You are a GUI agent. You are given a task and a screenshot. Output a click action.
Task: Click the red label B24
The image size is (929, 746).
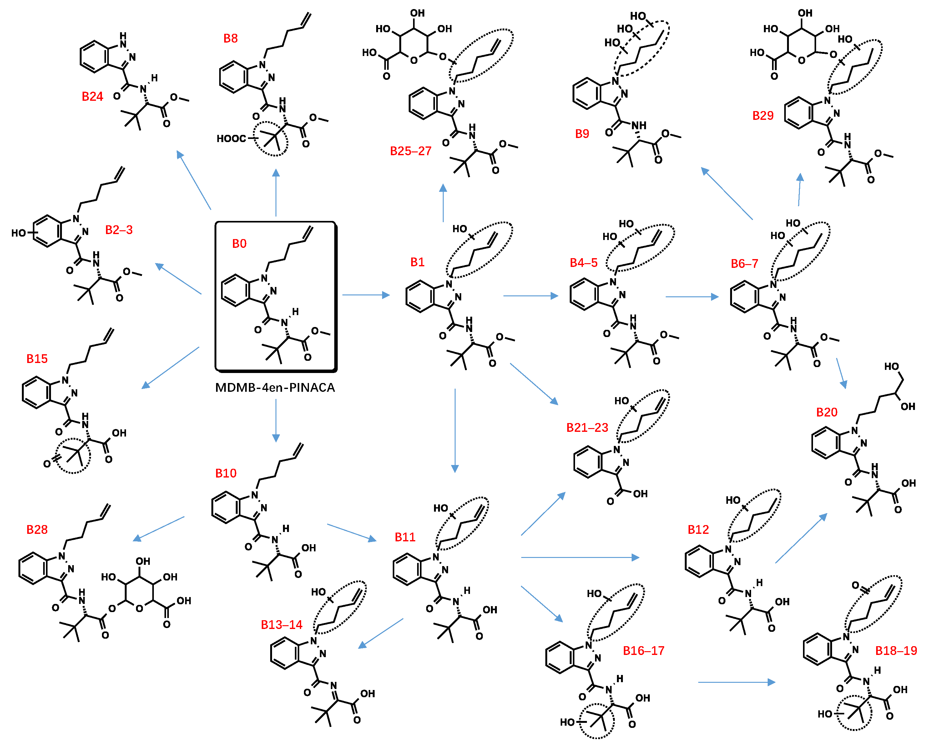[x=92, y=97]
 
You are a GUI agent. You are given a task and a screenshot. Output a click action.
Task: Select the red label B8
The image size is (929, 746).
[x=230, y=39]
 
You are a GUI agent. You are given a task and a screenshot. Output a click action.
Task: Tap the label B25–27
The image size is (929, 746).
[x=410, y=151]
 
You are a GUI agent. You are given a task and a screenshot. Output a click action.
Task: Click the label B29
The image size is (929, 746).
[x=763, y=115]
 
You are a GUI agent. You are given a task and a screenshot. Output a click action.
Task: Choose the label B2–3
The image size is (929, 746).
[x=119, y=230]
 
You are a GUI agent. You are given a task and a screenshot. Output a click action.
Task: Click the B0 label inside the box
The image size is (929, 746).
[x=239, y=244]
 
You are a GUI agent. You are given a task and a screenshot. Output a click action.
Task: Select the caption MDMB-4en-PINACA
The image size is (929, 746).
[x=275, y=388]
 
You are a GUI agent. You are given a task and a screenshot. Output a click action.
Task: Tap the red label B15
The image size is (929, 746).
[x=37, y=359]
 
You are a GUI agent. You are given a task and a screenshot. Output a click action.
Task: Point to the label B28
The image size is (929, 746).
[x=37, y=529]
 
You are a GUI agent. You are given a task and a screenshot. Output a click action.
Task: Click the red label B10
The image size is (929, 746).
[x=226, y=473]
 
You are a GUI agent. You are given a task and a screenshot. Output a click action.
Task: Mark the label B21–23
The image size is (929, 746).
[x=587, y=428]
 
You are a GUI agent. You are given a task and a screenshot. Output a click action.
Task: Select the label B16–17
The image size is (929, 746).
[x=643, y=651]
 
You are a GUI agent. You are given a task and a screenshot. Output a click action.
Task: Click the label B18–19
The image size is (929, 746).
[x=896, y=651]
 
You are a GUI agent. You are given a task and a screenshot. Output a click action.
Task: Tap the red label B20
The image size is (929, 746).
[x=826, y=412]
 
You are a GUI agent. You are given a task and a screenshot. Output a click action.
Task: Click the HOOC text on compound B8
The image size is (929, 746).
[x=231, y=138]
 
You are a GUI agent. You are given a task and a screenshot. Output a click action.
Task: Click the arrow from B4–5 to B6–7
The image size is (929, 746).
[x=692, y=297]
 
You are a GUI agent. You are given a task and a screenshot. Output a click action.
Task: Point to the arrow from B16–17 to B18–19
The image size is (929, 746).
[x=736, y=682]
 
